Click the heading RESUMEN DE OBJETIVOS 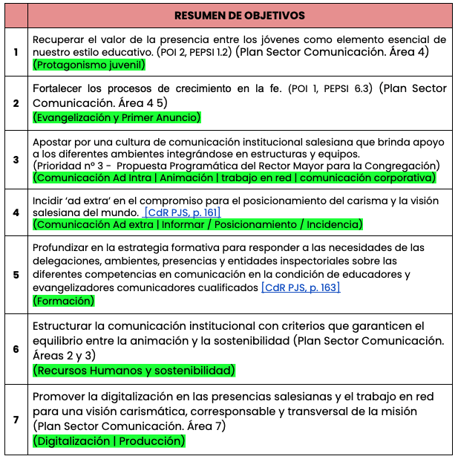(x=239, y=15)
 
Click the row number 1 (x=16, y=52)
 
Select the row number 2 (x=16, y=103)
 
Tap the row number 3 (x=16, y=158)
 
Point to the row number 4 (x=16, y=212)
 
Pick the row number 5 (x=16, y=274)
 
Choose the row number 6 (x=16, y=348)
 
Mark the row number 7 (x=16, y=420)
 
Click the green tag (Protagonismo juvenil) (x=88, y=65)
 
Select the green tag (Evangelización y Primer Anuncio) (x=117, y=117)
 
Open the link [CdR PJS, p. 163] (x=300, y=287)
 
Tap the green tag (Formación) (x=64, y=301)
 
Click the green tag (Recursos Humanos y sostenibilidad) (x=134, y=369)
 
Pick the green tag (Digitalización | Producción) (x=108, y=440)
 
